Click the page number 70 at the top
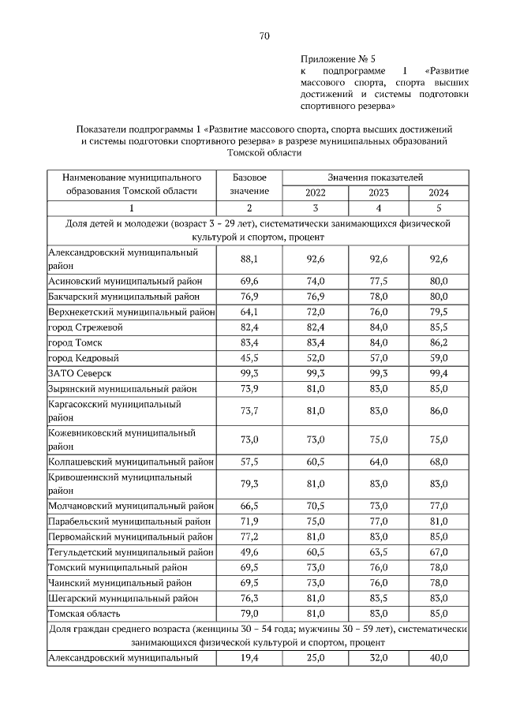point(264,36)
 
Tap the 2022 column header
point(314,192)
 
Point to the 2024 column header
point(439,192)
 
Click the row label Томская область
point(84,613)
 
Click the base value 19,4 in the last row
point(249,658)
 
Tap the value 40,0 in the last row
point(439,658)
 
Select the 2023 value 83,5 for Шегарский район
point(377,598)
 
